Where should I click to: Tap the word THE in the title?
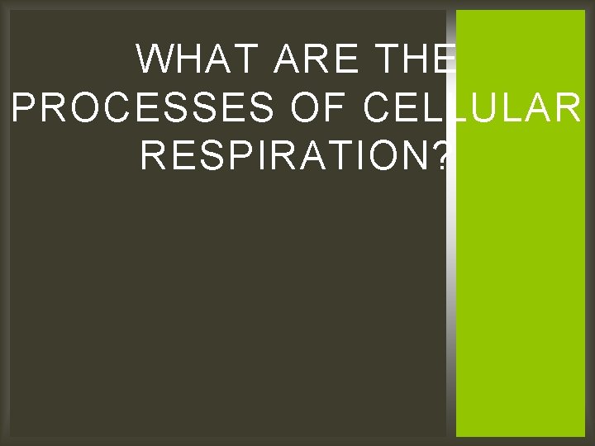[413, 59]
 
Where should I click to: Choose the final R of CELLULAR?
[569, 107]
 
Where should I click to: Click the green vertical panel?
[521, 289]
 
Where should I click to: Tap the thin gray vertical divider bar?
[451, 289]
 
